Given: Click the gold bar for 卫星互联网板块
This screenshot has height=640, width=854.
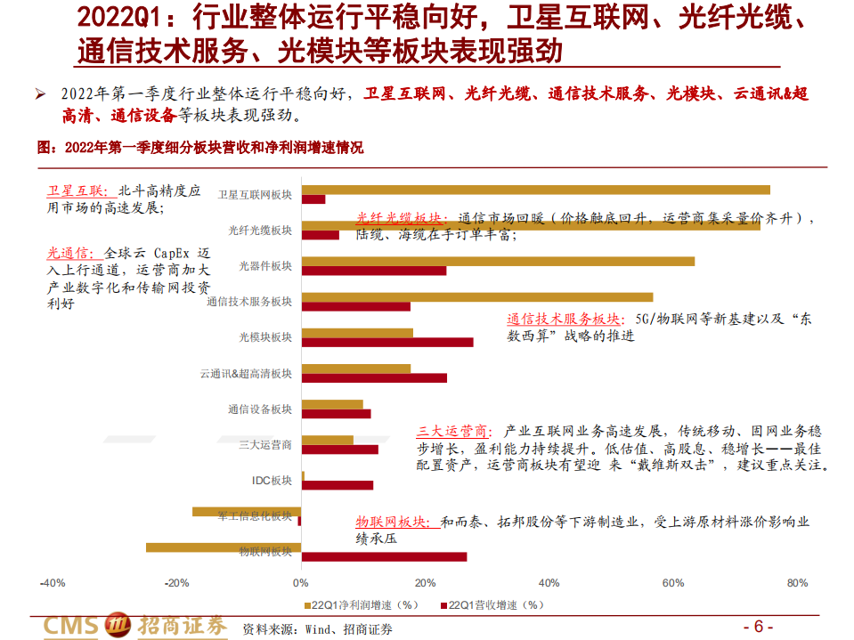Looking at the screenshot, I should (534, 190).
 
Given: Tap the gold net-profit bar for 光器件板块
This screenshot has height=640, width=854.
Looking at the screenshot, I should (499, 262).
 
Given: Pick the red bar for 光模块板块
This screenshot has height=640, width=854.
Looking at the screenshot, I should (388, 342).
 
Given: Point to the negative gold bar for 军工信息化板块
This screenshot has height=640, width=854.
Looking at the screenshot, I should (247, 512).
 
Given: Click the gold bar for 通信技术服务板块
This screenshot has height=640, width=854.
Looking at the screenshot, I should (477, 297).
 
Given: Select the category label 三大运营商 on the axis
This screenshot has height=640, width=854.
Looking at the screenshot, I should (265, 444).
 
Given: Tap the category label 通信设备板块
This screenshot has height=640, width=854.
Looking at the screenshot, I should (259, 409).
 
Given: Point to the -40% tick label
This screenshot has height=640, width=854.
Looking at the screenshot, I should (52, 583).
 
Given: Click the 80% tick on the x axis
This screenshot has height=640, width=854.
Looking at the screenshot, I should (797, 583).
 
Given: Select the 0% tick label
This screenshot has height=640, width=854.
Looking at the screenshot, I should (301, 583).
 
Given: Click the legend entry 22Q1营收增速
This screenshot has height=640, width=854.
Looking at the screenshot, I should (495, 604).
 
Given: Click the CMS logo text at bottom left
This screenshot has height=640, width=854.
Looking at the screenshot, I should (71, 626).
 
